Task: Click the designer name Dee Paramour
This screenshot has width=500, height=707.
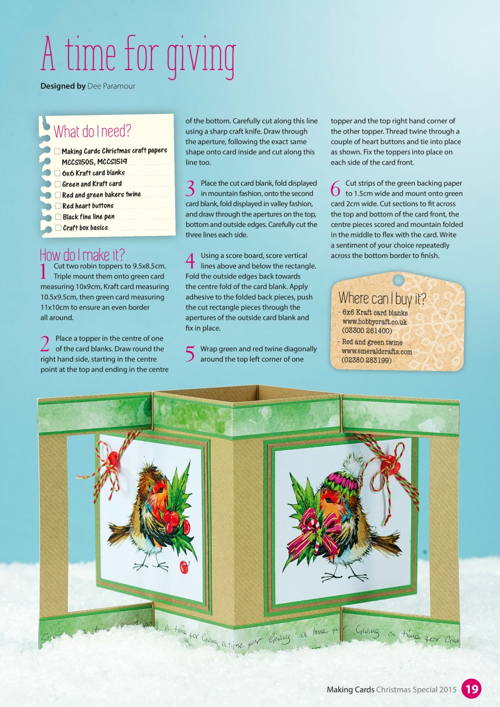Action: (x=111, y=86)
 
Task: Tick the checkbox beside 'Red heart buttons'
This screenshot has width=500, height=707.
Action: (x=57, y=206)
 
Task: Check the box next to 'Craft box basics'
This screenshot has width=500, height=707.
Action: (x=58, y=228)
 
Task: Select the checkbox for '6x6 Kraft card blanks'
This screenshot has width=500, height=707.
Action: (x=57, y=173)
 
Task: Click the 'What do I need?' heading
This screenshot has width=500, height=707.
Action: (x=92, y=131)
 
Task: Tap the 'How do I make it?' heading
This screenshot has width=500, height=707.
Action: (x=82, y=255)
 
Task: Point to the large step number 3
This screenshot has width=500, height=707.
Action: (x=191, y=189)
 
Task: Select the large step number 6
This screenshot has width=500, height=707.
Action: (x=335, y=189)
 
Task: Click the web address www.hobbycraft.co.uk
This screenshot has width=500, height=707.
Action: (x=375, y=321)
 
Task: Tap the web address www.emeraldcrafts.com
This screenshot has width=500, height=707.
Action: (x=377, y=351)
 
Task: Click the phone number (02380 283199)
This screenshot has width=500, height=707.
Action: (x=367, y=360)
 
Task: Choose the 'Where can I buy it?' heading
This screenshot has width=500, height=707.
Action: (x=382, y=299)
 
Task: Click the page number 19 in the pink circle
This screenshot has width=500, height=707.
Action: (x=471, y=689)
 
